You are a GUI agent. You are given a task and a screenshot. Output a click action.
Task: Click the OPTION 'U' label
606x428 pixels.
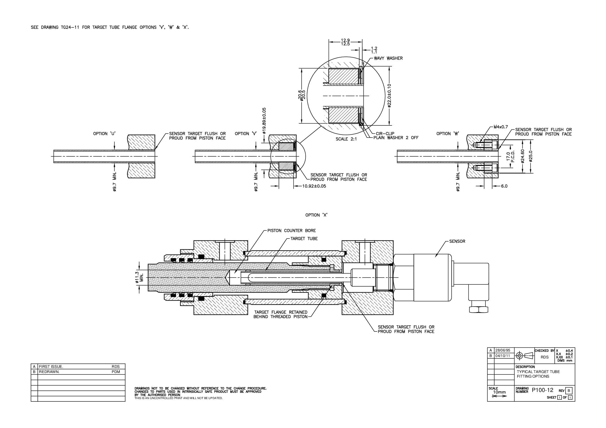(104, 134)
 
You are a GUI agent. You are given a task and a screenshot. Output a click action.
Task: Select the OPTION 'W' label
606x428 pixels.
(448, 134)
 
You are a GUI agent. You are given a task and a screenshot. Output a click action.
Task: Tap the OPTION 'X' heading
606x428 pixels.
(316, 215)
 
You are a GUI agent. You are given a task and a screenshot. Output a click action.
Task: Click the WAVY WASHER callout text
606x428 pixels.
(388, 58)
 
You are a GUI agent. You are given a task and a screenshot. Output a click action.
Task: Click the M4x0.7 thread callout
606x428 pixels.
(500, 127)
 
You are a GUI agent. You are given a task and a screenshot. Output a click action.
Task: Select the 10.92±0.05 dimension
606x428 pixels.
(314, 186)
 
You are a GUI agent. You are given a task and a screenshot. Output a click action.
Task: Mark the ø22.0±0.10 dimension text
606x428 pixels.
(389, 96)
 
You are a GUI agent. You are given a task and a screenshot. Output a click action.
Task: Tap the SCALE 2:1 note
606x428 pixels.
(346, 139)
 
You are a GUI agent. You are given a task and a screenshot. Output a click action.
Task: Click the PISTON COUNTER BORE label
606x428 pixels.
(292, 230)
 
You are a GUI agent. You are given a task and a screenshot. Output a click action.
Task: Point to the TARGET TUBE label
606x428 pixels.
(304, 238)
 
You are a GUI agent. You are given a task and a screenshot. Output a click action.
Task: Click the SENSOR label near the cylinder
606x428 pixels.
(457, 241)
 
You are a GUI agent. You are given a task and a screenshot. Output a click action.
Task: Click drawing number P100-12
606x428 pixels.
(542, 390)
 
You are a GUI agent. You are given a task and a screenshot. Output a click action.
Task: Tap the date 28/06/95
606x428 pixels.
(503, 350)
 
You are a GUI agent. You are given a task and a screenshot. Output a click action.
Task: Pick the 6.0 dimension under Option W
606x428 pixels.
(504, 186)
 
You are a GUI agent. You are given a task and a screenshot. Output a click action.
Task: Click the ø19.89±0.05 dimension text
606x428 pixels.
(264, 121)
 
